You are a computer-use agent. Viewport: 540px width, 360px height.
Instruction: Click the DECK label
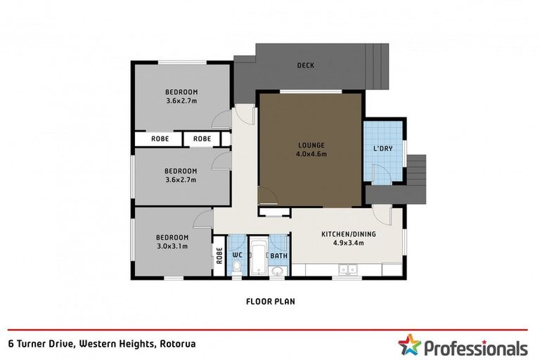[305, 65]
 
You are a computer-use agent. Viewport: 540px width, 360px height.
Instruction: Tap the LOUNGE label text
[309, 146]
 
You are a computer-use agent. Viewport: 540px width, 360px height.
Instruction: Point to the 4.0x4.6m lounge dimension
[309, 154]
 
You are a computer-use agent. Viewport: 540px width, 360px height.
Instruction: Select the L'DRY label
[383, 149]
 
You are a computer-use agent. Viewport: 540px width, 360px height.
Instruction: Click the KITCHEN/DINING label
[347, 234]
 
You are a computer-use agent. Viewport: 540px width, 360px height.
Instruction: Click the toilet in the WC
[237, 266]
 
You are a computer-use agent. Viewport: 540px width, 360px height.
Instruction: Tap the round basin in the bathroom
[279, 271]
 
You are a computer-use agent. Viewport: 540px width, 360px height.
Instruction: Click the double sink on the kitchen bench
[347, 269]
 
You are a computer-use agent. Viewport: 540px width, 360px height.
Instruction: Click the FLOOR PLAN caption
[270, 302]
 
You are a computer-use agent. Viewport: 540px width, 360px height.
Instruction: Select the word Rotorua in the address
[176, 344]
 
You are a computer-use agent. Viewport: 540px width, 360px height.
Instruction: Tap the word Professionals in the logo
[474, 347]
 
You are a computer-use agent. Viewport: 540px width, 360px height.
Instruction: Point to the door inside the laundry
[380, 172]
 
